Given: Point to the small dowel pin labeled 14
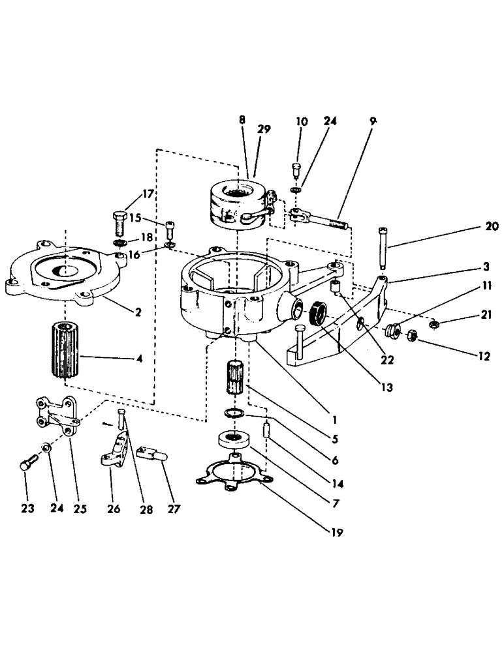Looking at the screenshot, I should (266, 431).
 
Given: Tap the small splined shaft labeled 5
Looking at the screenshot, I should (238, 377).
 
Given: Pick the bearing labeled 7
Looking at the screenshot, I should (233, 440).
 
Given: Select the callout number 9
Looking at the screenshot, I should (373, 121).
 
